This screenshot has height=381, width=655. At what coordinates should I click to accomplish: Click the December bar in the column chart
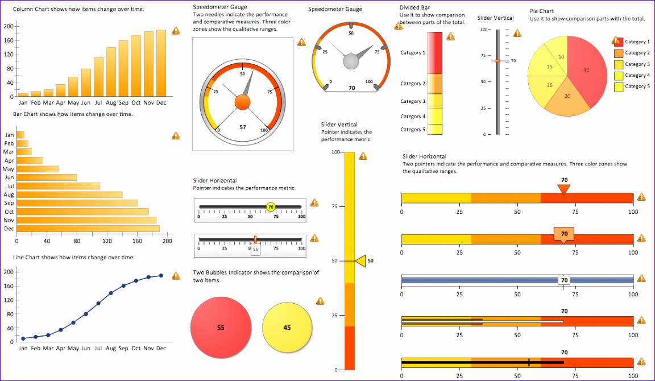[161, 63]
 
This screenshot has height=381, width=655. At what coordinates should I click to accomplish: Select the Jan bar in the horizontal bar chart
[20, 135]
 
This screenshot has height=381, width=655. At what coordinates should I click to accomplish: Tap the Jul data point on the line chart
[98, 303]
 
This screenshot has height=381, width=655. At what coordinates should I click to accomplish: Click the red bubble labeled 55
[221, 328]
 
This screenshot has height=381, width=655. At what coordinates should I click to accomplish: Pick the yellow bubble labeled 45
[287, 328]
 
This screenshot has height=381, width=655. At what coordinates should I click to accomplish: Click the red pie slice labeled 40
[586, 69]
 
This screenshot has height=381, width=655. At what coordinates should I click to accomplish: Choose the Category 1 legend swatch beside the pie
[619, 42]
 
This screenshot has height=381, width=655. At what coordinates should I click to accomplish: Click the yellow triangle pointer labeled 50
[360, 261]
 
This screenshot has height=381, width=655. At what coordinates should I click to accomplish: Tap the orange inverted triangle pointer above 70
[563, 189]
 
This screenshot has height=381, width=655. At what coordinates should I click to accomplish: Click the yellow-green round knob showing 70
[271, 207]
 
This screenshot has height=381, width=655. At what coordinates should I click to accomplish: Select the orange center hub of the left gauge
[242, 102]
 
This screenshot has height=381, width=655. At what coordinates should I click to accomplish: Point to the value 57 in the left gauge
[243, 127]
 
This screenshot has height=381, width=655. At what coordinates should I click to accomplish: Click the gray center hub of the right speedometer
[351, 60]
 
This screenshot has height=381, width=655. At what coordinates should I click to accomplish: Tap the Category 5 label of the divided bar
[413, 130]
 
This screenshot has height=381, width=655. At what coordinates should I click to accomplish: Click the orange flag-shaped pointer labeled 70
[563, 234]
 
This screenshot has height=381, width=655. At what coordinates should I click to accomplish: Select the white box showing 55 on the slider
[255, 249]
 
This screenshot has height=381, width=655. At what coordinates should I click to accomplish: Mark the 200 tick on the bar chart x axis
[167, 241]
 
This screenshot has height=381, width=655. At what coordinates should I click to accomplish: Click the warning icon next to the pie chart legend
[615, 40]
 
